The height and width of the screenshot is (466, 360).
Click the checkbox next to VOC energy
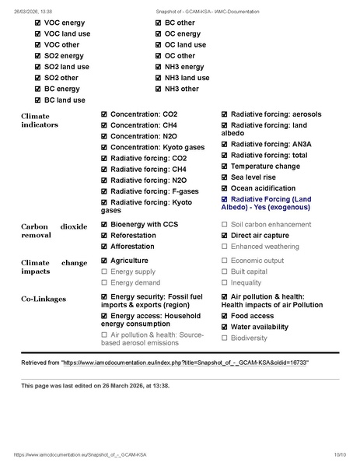pos(38,23)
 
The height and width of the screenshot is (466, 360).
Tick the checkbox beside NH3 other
pos(159,89)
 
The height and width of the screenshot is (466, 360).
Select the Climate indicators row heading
pos(40,120)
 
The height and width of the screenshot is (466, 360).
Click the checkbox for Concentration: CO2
pos(104,114)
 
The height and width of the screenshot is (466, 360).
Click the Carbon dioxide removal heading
pos(54,229)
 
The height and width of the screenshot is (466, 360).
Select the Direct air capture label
pos(260,235)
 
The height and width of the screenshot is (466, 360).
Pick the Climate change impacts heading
pos(54,268)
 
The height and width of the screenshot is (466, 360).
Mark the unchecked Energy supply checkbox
pos(104,272)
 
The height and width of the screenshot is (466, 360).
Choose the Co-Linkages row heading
pos(44,298)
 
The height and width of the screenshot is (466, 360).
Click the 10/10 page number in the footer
pos(340,454)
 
